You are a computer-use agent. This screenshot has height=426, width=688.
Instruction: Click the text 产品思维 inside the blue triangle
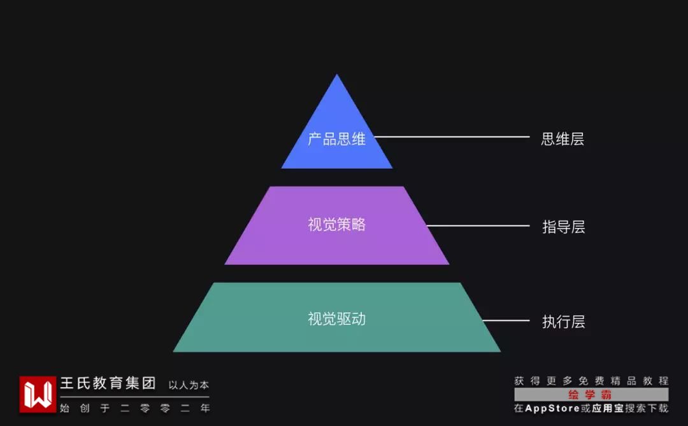pos(336,139)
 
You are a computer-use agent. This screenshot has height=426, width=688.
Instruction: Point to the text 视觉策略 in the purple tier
pos(336,225)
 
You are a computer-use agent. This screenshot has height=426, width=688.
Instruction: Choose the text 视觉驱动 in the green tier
pos(336,319)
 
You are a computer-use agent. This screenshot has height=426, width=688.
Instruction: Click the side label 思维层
pos(563,139)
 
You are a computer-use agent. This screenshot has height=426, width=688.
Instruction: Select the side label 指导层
pos(563,227)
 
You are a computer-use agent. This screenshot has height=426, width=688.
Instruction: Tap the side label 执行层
pos(563,322)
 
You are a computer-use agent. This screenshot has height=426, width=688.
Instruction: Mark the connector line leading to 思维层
pos(452,137)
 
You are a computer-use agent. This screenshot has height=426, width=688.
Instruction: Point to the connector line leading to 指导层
pos(478,225)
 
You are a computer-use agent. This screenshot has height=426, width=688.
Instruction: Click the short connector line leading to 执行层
pos(506,320)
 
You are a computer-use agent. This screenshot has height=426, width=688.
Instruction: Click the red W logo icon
pos(38,394)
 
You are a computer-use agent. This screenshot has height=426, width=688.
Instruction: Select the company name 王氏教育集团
pos(108,384)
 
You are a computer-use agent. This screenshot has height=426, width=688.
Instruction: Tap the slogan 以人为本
pos(189,385)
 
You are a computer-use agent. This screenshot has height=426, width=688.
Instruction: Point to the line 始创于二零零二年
pos(134,408)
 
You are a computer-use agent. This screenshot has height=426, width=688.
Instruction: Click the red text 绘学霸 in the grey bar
pos(591,395)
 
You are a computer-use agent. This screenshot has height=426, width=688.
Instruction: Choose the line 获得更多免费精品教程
pos(591,381)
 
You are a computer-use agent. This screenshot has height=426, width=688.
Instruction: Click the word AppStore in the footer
pos(552,408)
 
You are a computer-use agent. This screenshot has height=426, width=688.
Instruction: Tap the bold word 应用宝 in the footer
pos(607,408)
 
